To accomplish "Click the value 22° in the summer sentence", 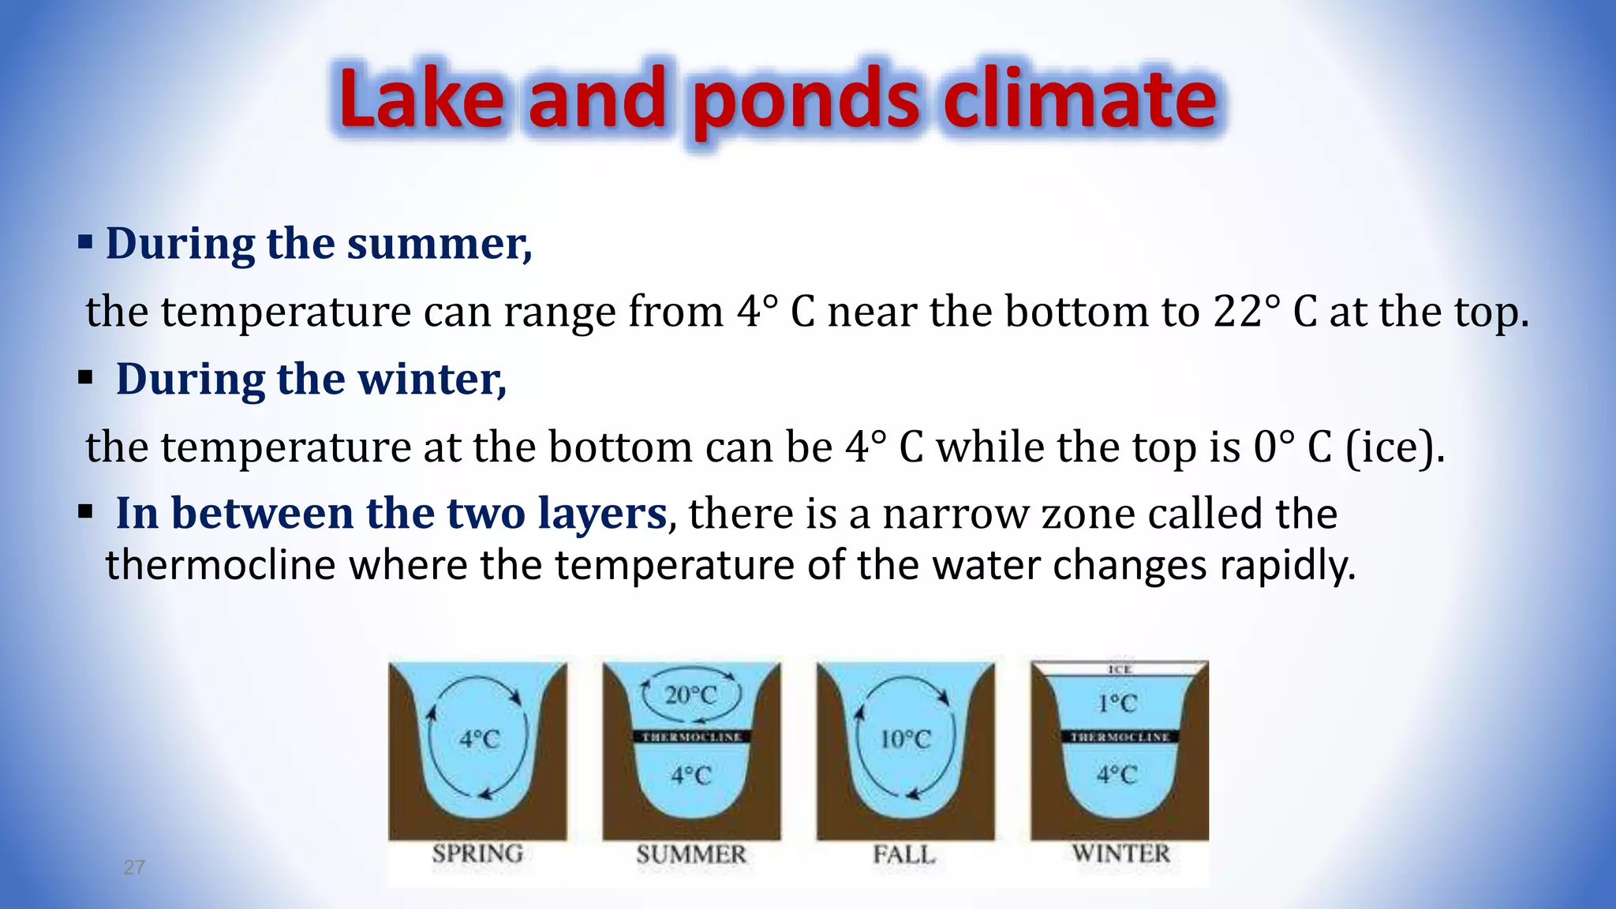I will pos(1246,311).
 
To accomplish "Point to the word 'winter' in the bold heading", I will pos(429,380).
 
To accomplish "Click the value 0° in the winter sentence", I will pos(1274,447).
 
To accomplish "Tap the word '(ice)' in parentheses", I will pos(1394,447).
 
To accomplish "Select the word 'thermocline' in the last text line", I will pos(221,565).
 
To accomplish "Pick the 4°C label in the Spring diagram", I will pos(480,740).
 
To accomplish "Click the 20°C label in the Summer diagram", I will pos(690,696).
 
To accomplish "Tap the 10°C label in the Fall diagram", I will pos(905,739).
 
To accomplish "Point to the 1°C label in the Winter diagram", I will pos(1117,703).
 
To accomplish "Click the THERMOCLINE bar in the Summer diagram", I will pos(691,737).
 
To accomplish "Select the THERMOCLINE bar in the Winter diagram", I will pos(1120,737).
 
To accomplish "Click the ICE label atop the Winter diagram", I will pos(1120,669).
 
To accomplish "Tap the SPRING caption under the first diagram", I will pos(477,854).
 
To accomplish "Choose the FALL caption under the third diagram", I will pos(904,855).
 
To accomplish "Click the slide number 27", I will pos(134,868).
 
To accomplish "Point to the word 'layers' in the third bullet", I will pos(602,514).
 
